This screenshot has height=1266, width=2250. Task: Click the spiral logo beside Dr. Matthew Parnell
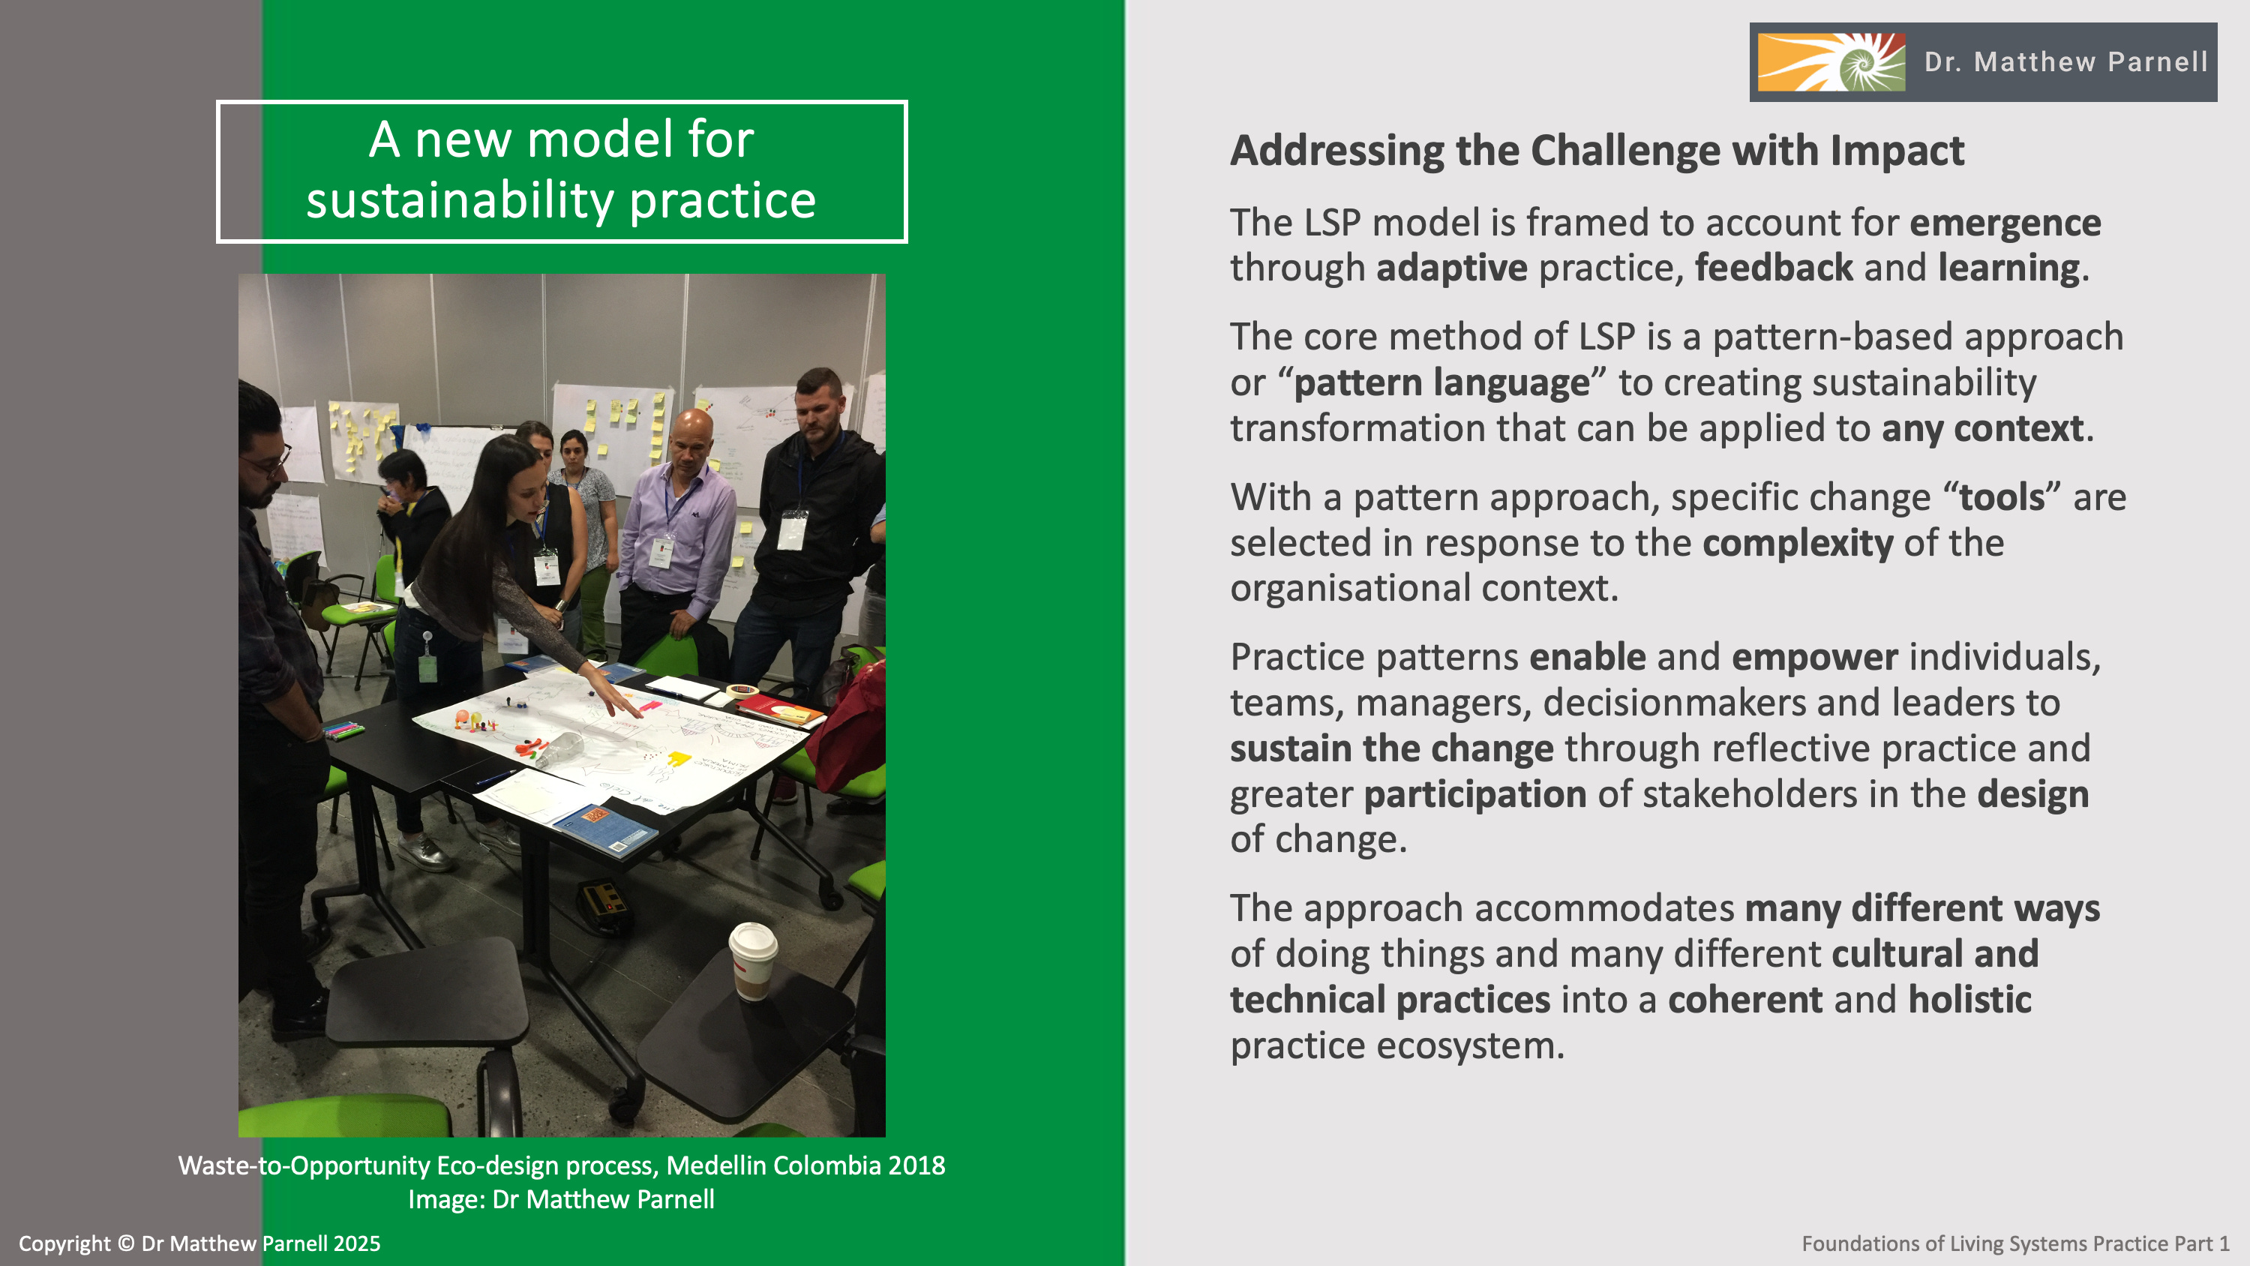click(x=1831, y=62)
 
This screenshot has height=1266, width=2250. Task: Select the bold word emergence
click(x=2005, y=223)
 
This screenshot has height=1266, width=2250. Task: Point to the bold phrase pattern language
click(x=1441, y=383)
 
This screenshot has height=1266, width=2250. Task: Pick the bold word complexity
click(x=1798, y=544)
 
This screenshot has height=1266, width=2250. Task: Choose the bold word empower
click(x=1815, y=658)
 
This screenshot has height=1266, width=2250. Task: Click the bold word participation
click(x=1475, y=794)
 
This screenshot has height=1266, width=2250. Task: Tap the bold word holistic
click(x=1969, y=1000)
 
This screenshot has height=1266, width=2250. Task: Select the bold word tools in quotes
click(x=2002, y=497)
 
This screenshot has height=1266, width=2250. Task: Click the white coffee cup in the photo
click(x=752, y=960)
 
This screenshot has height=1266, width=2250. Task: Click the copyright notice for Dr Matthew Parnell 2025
click(x=199, y=1243)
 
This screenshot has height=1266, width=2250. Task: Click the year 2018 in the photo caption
click(x=916, y=1165)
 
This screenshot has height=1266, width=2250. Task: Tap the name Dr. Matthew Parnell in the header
click(x=2065, y=62)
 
